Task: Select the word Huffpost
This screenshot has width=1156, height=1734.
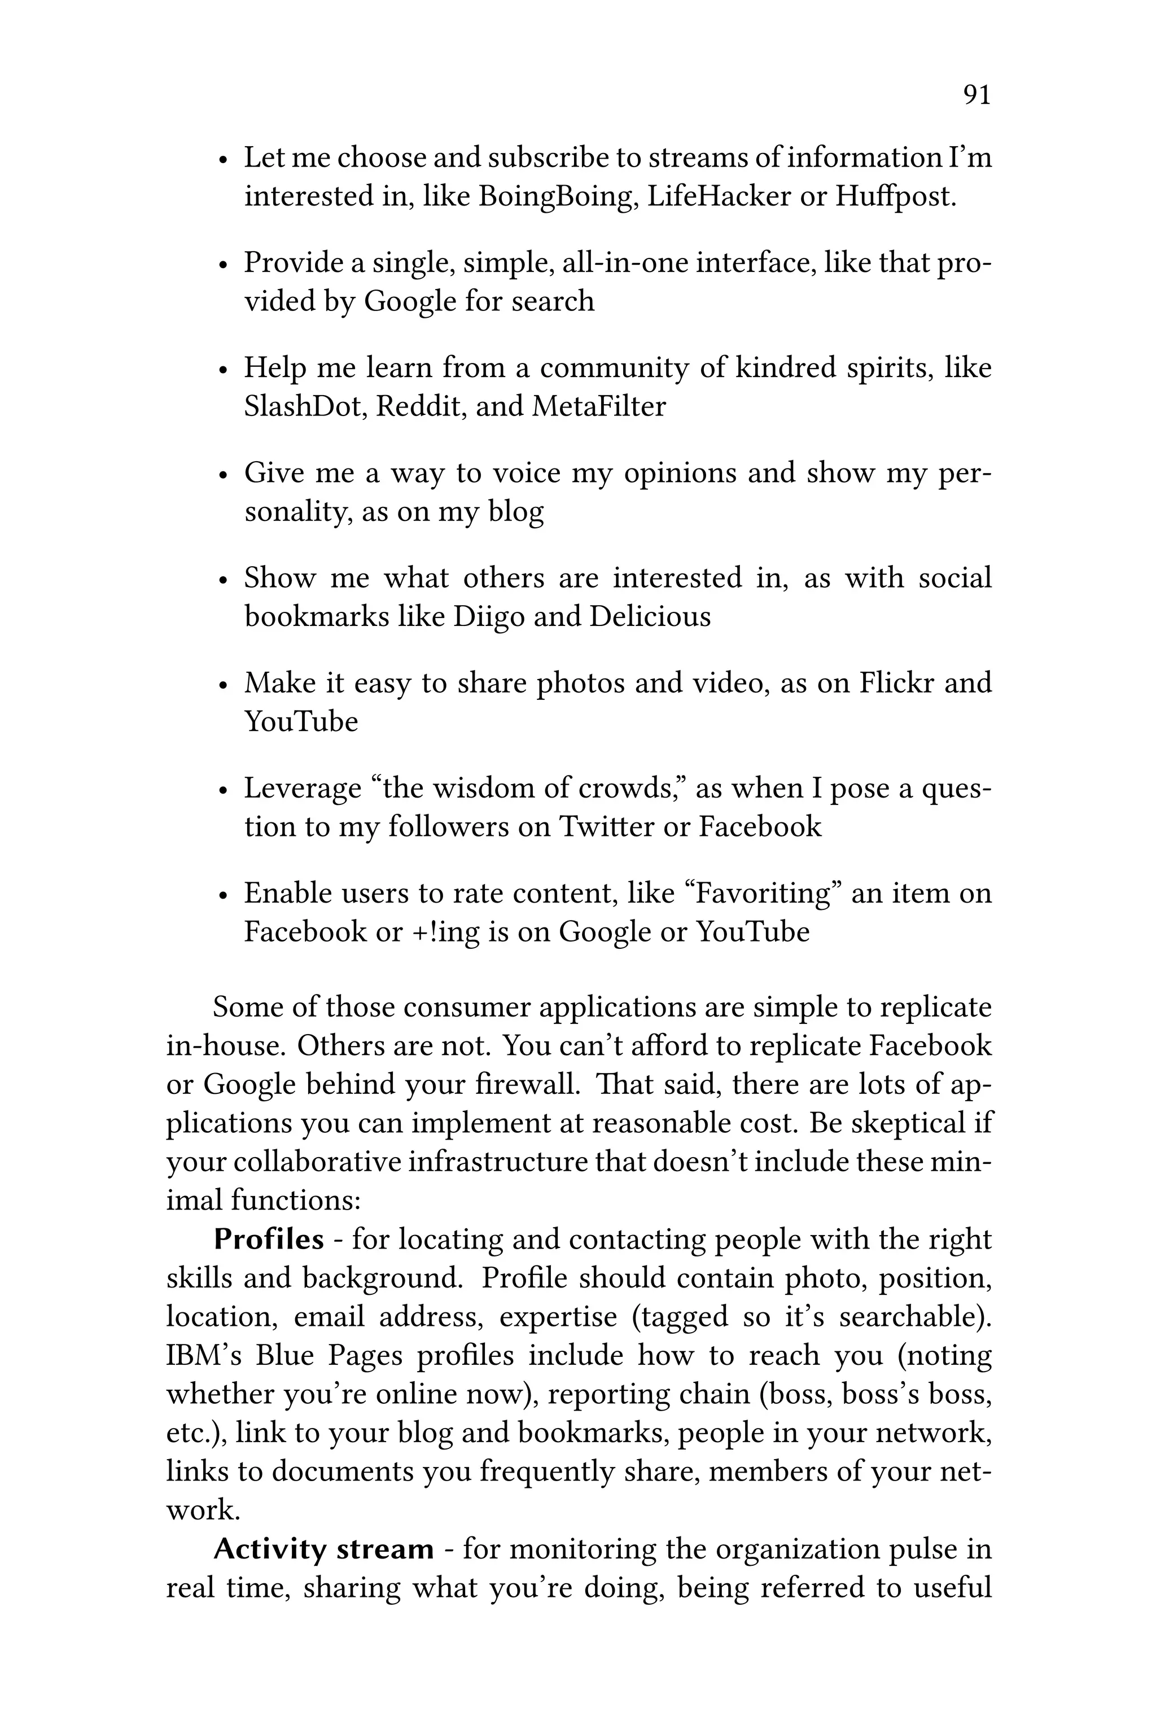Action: pyautogui.click(x=895, y=197)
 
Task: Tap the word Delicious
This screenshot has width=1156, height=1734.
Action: pyautogui.click(x=650, y=617)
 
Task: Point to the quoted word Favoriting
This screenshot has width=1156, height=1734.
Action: pyautogui.click(x=764, y=894)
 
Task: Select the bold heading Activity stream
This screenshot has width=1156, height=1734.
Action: pyautogui.click(x=323, y=1549)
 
